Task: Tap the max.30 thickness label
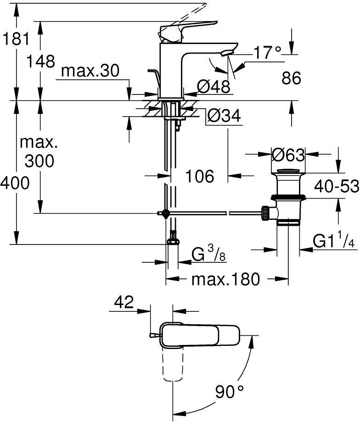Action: pyautogui.click(x=90, y=71)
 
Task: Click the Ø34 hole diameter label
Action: pyautogui.click(x=224, y=117)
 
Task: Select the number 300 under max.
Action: pyautogui.click(x=39, y=161)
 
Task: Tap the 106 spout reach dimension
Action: pyautogui.click(x=200, y=175)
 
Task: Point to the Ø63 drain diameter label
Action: pyautogui.click(x=288, y=155)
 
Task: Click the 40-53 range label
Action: pyautogui.click(x=337, y=186)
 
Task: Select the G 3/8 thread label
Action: pyautogui.click(x=209, y=254)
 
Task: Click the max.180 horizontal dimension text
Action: pyautogui.click(x=226, y=278)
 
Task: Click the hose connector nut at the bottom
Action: pyautogui.click(x=173, y=239)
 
